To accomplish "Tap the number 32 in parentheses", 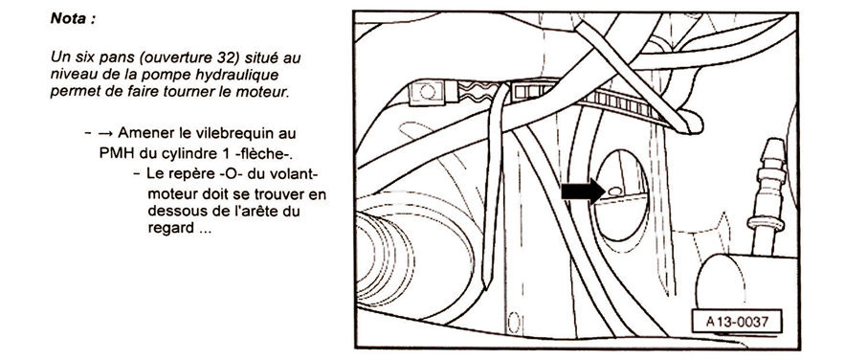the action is pos(224,57).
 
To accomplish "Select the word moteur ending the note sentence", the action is pos(267,92).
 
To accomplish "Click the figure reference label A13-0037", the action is pos(736,323).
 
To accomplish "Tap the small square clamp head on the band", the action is pos(426,92).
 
